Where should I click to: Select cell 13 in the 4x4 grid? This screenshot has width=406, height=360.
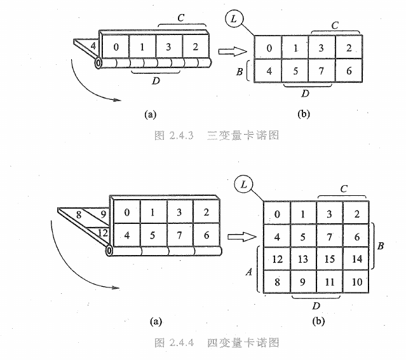tap(303, 259)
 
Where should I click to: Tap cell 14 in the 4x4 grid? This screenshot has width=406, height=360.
tap(357, 259)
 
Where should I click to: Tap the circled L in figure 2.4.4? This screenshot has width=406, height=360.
tap(243, 185)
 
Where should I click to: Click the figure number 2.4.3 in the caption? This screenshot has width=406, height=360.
tap(179, 135)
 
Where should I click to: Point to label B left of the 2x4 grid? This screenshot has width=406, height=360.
tap(240, 71)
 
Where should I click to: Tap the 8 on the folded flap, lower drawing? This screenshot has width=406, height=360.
tap(78, 214)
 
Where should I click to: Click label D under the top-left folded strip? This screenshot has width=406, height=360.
tap(155, 82)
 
